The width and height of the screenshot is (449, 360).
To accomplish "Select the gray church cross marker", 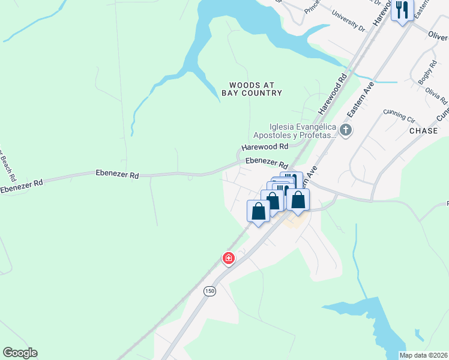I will [345, 130].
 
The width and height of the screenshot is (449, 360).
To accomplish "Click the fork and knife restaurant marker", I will [402, 10].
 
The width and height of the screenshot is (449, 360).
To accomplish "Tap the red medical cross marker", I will [228, 258].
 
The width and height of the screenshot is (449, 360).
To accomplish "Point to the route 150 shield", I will [209, 291].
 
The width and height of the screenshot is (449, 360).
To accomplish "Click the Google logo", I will [20, 353].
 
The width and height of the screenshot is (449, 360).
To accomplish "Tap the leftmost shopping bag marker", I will [258, 211].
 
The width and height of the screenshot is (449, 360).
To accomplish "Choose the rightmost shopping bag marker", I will [298, 199].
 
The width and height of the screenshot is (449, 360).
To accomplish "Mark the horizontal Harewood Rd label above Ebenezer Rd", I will [265, 146].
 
